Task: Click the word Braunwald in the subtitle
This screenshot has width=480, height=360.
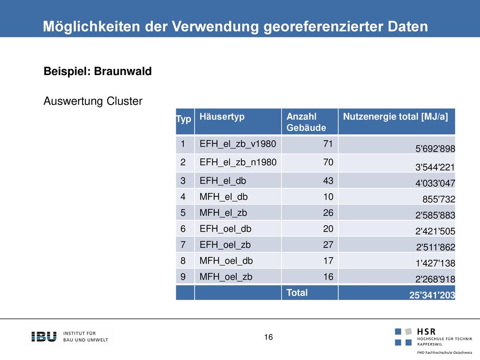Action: click(x=123, y=71)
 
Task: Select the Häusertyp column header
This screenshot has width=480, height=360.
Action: click(x=222, y=117)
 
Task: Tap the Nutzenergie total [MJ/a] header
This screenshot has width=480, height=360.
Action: click(x=395, y=117)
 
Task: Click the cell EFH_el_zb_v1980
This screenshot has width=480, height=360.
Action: click(x=238, y=144)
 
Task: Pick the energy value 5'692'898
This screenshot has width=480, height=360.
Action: click(x=435, y=149)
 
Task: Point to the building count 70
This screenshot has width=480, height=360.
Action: click(x=328, y=162)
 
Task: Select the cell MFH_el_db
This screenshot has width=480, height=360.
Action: click(x=224, y=197)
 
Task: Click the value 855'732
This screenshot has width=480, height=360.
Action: click(x=439, y=199)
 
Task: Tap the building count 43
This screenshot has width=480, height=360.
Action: click(x=328, y=181)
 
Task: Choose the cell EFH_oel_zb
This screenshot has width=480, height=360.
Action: click(x=225, y=245)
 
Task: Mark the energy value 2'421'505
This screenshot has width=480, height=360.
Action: click(x=435, y=231)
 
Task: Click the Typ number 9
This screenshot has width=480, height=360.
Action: click(x=183, y=277)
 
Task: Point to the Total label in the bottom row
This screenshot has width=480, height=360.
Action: click(x=297, y=292)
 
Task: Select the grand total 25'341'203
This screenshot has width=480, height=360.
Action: click(x=432, y=295)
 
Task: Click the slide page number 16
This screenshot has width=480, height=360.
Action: click(x=269, y=337)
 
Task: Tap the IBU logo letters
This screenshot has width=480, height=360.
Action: click(x=44, y=337)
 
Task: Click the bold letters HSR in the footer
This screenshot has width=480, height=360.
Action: click(x=426, y=331)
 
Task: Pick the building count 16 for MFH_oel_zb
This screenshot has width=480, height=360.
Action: click(x=328, y=277)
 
